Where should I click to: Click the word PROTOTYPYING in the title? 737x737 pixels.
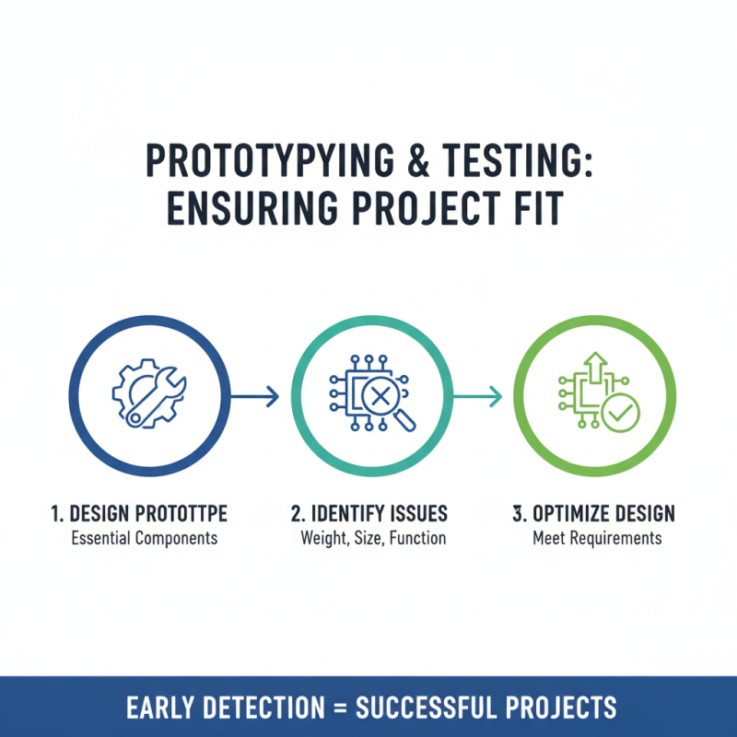coord(270,159)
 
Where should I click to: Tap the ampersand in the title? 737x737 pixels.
coord(418,159)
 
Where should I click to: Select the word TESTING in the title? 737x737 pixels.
coord(517,159)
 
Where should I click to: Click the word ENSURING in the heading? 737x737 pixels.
coord(252,208)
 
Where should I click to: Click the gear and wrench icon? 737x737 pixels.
coord(149,393)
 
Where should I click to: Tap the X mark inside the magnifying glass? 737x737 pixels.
coord(380,396)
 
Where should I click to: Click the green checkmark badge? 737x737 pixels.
coord(620,413)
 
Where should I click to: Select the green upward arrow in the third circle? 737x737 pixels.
coord(595,367)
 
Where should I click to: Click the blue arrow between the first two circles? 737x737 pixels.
coord(255,396)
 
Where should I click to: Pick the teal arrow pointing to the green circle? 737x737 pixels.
coord(477,396)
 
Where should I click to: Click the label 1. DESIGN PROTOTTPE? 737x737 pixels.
coord(139,513)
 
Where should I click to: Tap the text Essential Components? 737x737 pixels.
coord(145,538)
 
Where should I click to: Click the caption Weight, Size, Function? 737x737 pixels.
coord(373,538)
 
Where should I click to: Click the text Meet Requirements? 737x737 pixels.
coord(597,538)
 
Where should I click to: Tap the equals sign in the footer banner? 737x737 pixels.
coord(340,708)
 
